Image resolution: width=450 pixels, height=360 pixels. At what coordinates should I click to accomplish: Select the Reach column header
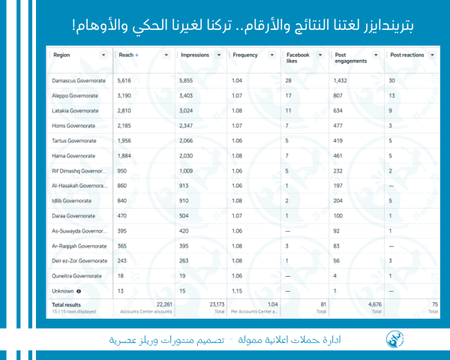click(x=126, y=55)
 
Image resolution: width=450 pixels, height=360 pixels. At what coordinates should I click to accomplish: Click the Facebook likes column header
click(x=298, y=58)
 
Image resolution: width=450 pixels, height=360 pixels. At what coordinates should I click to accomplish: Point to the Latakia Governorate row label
click(x=73, y=110)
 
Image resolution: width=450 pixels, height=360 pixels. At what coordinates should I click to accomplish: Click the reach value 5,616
click(x=126, y=80)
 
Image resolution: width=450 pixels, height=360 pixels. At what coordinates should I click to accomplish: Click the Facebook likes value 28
click(x=289, y=80)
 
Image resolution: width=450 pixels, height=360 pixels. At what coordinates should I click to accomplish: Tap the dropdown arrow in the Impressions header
click(x=219, y=55)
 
